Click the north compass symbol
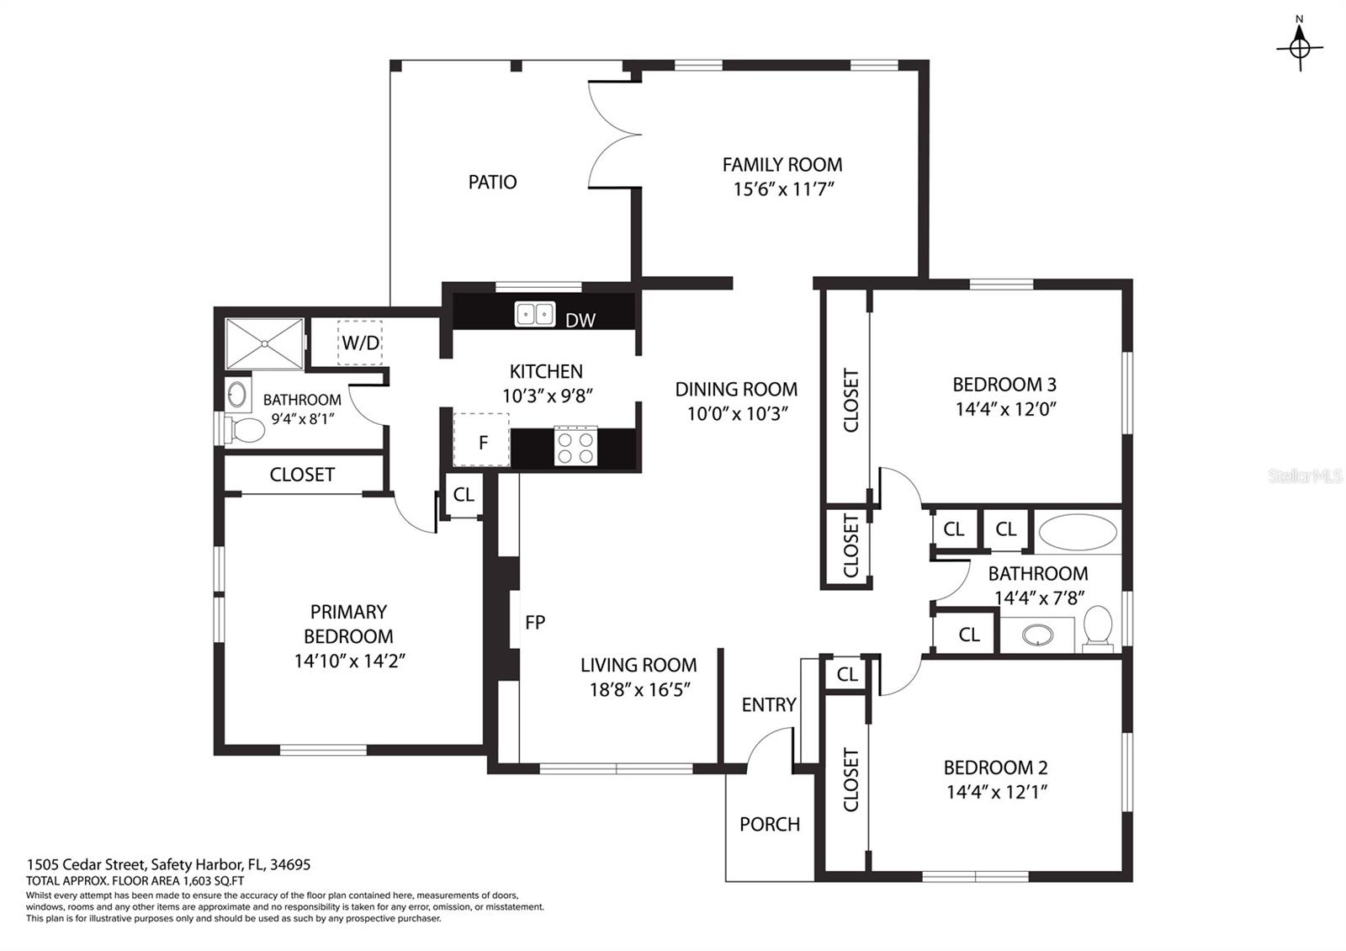1300,48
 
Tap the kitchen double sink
535,314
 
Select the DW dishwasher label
580,320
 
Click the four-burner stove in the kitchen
575,446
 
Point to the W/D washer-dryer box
360,343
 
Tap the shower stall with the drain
265,343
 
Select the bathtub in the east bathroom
1078,533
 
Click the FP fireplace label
535,622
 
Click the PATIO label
492,182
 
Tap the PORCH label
770,824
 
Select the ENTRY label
768,704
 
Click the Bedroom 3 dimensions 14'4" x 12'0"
1004,409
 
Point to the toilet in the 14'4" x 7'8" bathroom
1098,628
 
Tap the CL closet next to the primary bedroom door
464,494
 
